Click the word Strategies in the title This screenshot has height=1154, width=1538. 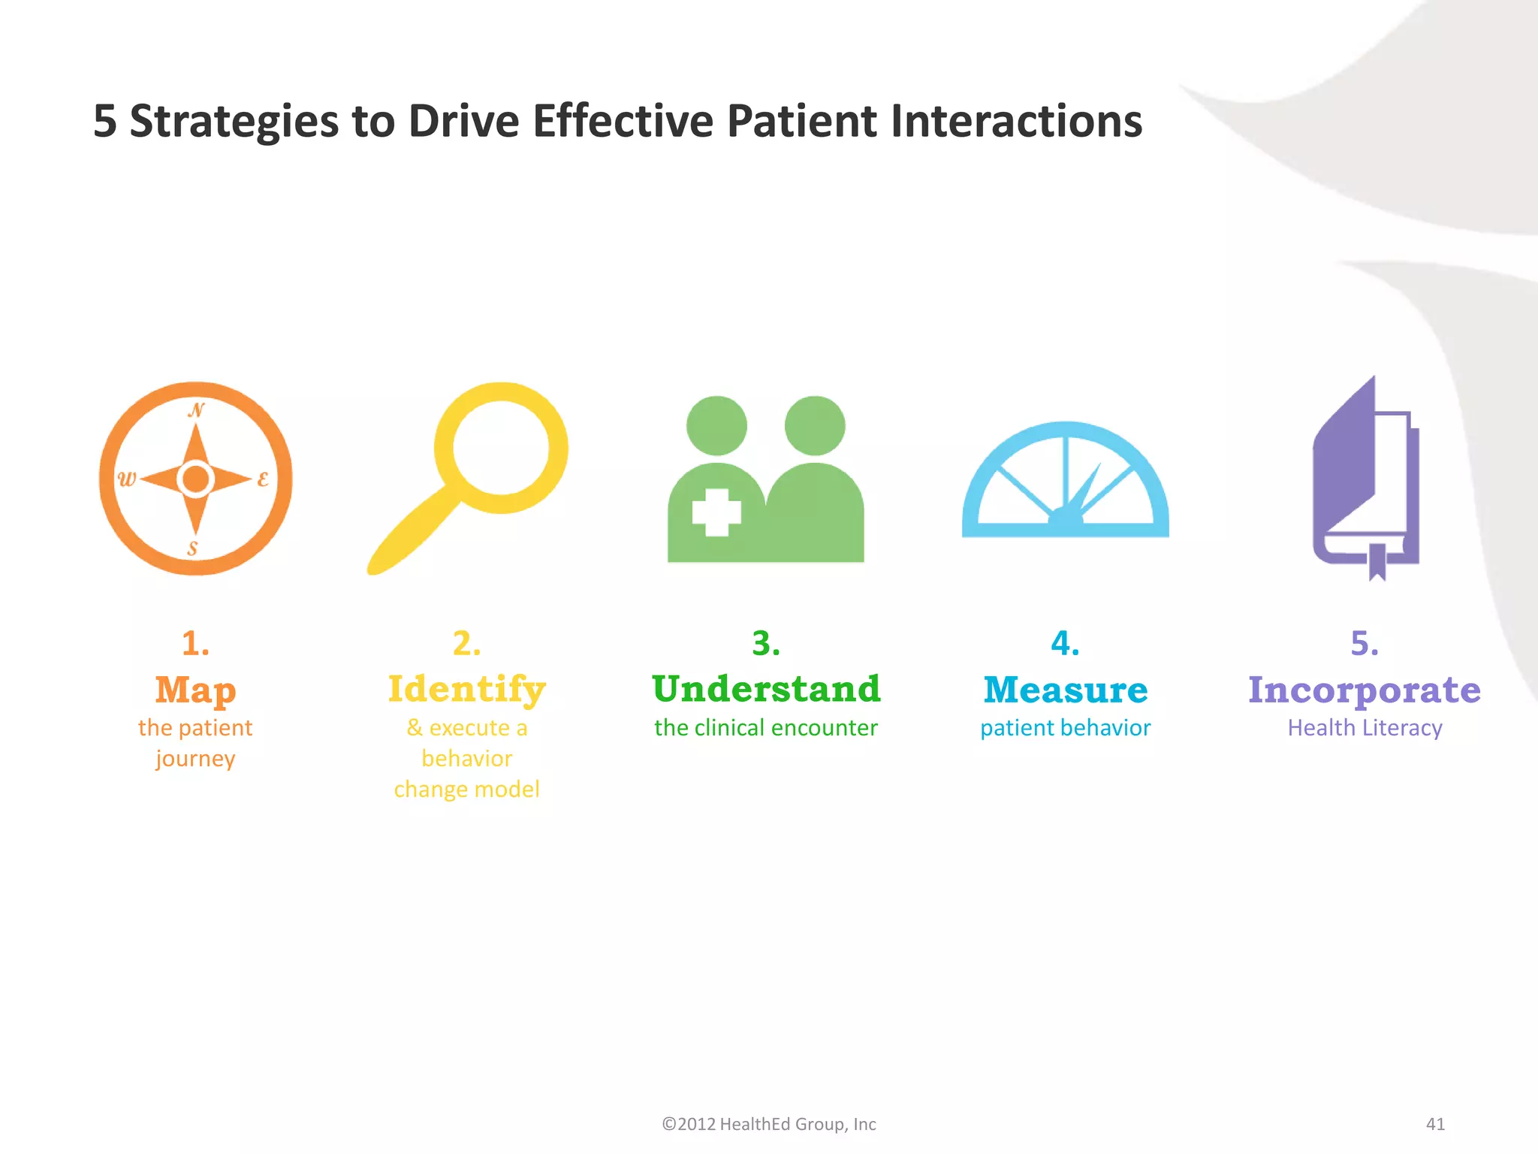click(234, 122)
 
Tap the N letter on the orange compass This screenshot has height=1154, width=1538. click(196, 410)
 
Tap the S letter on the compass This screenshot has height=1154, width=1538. click(193, 548)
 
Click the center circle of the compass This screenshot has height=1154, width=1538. click(196, 479)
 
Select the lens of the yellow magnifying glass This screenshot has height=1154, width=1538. click(501, 448)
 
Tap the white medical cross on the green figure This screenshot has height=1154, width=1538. click(716, 512)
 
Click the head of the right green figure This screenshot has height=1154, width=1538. click(815, 426)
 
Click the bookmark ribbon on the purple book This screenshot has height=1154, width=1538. click(1377, 562)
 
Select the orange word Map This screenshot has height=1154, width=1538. click(195, 690)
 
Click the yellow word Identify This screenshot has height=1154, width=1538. click(466, 690)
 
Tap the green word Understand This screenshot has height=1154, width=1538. click(766, 689)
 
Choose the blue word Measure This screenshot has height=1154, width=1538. click(1065, 690)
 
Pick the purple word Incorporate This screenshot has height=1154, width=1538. click(1364, 690)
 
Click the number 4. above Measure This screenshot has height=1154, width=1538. click(1065, 644)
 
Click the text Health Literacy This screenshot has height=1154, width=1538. click(1365, 728)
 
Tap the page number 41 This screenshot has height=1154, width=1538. click(1435, 1124)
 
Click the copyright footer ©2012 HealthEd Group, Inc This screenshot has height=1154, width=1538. click(768, 1124)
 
